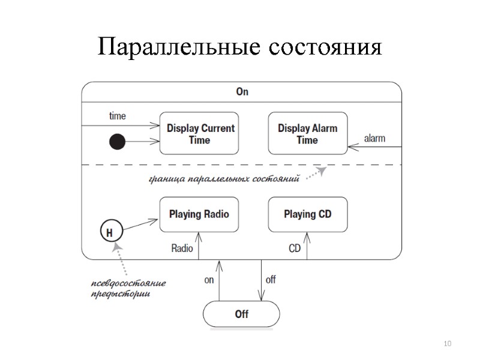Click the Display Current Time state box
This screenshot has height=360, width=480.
pyautogui.click(x=200, y=134)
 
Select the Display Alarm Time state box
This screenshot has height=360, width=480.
pyautogui.click(x=307, y=134)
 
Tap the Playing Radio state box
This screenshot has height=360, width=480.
pyautogui.click(x=199, y=214)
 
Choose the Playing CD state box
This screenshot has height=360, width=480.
pyautogui.click(x=307, y=214)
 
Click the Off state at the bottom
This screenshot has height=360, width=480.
pyautogui.click(x=241, y=314)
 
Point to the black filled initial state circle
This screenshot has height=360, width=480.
pyautogui.click(x=117, y=142)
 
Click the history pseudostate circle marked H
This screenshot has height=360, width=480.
pyautogui.click(x=109, y=232)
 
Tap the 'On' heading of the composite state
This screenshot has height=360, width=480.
pyautogui.click(x=242, y=92)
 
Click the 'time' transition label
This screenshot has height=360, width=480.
pyautogui.click(x=117, y=116)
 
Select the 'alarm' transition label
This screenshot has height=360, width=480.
pyautogui.click(x=375, y=139)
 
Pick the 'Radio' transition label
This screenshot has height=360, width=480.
pyautogui.click(x=182, y=248)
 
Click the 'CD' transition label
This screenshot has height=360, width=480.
pyautogui.click(x=295, y=248)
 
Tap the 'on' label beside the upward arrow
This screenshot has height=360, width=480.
pyautogui.click(x=209, y=280)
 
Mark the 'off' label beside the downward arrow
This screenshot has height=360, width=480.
pyautogui.click(x=271, y=280)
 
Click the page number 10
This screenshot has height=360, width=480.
pyautogui.click(x=446, y=343)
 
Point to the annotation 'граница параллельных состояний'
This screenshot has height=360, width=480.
pyautogui.click(x=223, y=179)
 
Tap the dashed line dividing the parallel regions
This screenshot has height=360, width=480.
pyautogui.click(x=240, y=164)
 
